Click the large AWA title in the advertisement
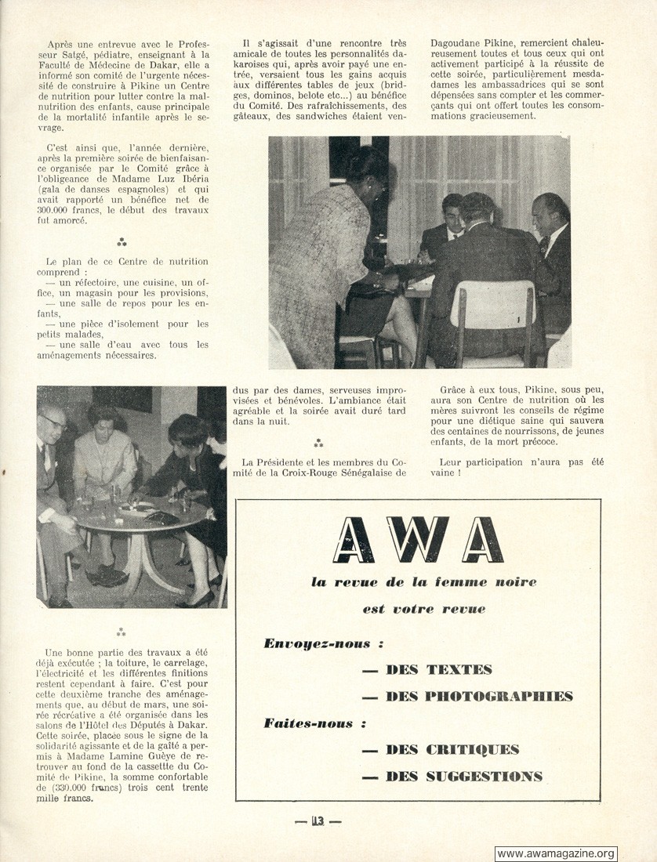click(417, 540)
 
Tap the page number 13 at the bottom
click(318, 821)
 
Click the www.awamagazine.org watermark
click(556, 853)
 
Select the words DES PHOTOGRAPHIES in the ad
click(478, 696)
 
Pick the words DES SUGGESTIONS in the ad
click(463, 777)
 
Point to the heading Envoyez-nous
click(317, 644)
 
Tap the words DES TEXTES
click(438, 669)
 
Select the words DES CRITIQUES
click(452, 750)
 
